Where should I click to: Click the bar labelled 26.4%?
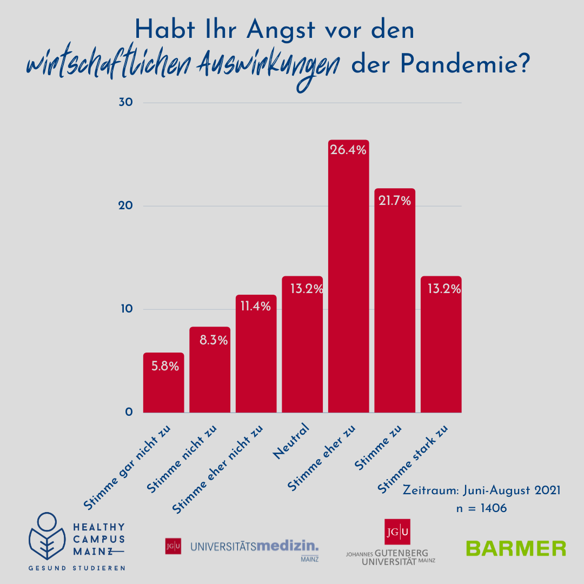coord(348,276)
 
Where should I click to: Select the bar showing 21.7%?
coord(395,300)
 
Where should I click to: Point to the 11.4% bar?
coord(256,354)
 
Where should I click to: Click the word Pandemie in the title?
coord(464,65)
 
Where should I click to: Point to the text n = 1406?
coord(481,508)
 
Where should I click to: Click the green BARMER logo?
coord(516,548)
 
